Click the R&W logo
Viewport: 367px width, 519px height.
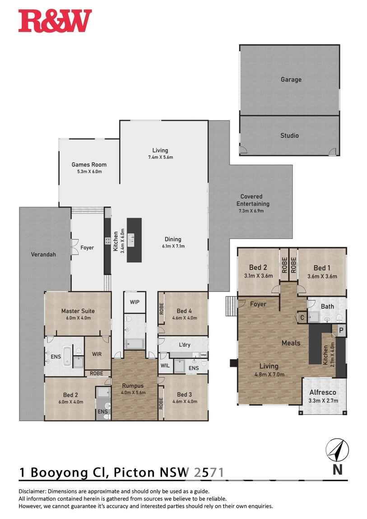[55, 21]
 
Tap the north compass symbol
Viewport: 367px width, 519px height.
[337, 451]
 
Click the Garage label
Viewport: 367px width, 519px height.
[291, 79]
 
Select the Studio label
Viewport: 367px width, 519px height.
[289, 135]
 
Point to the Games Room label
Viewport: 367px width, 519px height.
[89, 165]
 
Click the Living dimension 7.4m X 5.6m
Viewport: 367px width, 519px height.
[160, 157]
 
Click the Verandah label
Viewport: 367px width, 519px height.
[43, 255]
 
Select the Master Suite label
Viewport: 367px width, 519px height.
[78, 310]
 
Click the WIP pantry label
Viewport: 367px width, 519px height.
[135, 301]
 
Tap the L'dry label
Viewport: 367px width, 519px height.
[184, 345]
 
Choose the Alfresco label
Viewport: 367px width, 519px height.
[322, 392]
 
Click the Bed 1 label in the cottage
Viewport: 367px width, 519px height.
[322, 268]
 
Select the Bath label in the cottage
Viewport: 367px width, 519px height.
[327, 306]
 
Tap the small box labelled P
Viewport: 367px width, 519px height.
[341, 330]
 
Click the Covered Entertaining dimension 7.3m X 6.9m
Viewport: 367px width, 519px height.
[255, 210]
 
